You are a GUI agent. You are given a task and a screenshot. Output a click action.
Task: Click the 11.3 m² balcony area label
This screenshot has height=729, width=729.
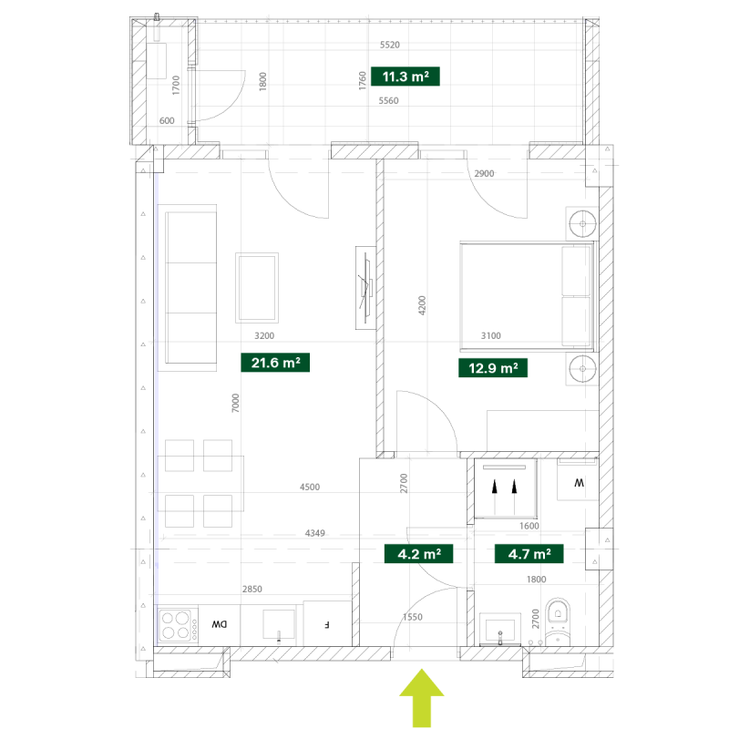tap(405, 77)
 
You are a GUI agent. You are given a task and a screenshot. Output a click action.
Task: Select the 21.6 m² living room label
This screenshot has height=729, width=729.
tap(275, 363)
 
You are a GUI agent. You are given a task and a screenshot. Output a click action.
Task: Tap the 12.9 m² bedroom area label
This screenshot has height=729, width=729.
tap(493, 368)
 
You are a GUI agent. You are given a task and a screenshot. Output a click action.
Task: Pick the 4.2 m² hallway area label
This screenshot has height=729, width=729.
tap(419, 554)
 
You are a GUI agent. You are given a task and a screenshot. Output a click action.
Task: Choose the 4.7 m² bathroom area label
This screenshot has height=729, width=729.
tap(529, 554)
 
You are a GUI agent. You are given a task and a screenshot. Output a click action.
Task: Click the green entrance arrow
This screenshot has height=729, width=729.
tap(422, 698)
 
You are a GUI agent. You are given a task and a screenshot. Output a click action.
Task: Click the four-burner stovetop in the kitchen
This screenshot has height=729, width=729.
tap(176, 625)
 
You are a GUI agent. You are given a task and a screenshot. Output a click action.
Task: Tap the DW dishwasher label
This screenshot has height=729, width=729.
tap(220, 624)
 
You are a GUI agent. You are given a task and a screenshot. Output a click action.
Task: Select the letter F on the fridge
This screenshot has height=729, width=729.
tap(327, 625)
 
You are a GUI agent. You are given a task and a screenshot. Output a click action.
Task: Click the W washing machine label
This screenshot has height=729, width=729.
tap(579, 483)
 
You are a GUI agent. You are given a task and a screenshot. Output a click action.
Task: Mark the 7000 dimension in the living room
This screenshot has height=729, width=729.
tap(235, 403)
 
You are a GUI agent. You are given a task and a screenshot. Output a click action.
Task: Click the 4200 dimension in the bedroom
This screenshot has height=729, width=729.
tap(422, 305)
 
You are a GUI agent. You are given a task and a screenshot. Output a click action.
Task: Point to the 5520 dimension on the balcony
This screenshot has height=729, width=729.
tap(390, 45)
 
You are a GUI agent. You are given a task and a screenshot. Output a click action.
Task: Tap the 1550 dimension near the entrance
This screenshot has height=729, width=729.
tap(413, 617)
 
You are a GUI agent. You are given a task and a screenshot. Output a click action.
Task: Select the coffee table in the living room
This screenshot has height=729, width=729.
tap(257, 288)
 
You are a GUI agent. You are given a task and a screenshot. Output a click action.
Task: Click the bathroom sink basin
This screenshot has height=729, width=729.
tap(500, 629)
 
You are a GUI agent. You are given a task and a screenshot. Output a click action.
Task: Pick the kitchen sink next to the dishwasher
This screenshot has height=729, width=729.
tap(279, 624)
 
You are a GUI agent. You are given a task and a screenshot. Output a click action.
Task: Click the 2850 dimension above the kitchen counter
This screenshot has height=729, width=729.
tap(252, 589)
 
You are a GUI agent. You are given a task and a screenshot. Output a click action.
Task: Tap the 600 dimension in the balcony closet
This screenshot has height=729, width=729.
tap(167, 121)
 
